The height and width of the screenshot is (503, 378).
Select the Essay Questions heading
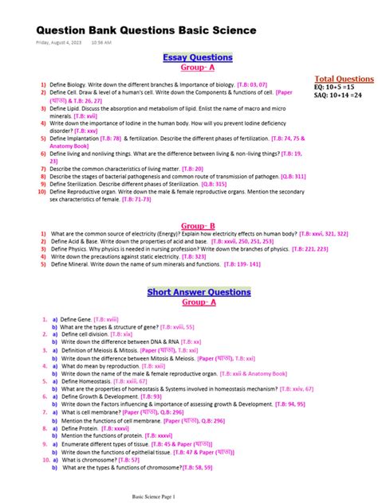coord(198,57)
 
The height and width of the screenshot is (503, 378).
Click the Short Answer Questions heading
coord(199,292)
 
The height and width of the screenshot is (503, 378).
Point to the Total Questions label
coord(345,79)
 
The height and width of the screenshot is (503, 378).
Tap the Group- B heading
coord(198,225)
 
